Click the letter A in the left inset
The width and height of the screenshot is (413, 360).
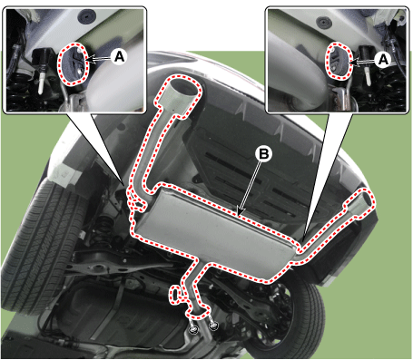120,56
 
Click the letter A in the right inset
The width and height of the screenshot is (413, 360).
383,59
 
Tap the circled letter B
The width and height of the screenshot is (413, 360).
263,154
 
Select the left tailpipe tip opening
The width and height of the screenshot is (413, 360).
182,88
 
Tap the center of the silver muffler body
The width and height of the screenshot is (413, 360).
211,233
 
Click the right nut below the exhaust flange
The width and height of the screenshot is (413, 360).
213,326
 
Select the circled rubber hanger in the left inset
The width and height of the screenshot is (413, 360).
74,63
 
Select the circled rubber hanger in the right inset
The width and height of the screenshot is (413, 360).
339,62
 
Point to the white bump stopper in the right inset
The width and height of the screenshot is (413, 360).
368,75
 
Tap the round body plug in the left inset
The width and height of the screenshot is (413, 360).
87,17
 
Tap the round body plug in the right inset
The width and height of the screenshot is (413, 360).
322,22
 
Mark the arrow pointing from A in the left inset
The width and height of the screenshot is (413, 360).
99,59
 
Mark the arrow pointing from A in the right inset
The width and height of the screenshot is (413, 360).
362,62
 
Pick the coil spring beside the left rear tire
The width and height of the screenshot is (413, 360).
103,229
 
